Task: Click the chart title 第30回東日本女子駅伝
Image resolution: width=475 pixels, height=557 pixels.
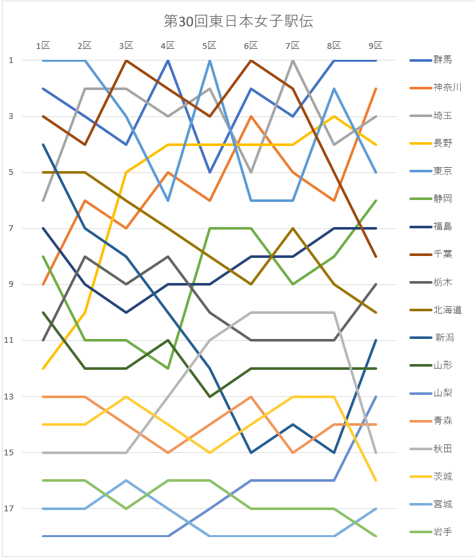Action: tap(238, 21)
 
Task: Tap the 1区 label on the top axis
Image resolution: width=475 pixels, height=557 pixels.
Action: tap(43, 46)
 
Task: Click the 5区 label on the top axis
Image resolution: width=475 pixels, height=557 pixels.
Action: tap(210, 46)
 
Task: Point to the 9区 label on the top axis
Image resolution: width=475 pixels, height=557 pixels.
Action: tap(376, 46)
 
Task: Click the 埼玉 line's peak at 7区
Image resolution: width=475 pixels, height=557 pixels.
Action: tap(293, 60)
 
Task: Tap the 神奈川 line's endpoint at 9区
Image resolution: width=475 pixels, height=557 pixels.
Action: tap(376, 89)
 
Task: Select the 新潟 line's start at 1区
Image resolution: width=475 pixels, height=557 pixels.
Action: tap(43, 145)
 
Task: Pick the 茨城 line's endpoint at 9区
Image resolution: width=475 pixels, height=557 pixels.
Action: tap(376, 480)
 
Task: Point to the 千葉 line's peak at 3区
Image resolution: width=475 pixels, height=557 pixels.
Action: tap(126, 60)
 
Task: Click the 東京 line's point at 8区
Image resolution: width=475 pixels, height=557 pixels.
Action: tap(334, 89)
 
